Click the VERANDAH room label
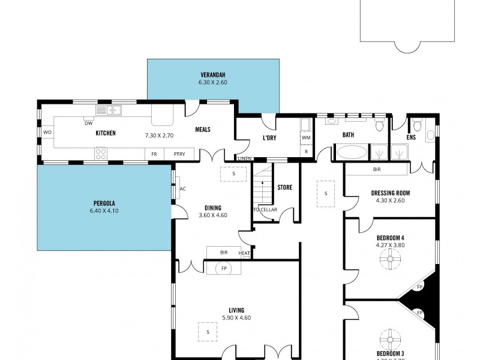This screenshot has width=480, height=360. [213, 75]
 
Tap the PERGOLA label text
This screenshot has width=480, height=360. [105, 203]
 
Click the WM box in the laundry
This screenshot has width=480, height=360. [306, 137]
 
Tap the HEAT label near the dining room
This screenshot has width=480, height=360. [244, 253]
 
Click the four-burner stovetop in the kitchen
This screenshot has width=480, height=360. [101, 154]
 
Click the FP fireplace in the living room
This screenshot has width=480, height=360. [224, 268]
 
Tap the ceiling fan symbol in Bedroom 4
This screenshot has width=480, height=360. [389, 259]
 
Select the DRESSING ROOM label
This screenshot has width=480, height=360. [389, 193]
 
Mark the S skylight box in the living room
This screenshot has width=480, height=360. [208, 331]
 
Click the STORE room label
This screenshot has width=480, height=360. [284, 187]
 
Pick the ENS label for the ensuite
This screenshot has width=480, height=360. [410, 137]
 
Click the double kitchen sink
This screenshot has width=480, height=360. [109, 110]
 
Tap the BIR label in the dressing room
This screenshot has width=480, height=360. [377, 170]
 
